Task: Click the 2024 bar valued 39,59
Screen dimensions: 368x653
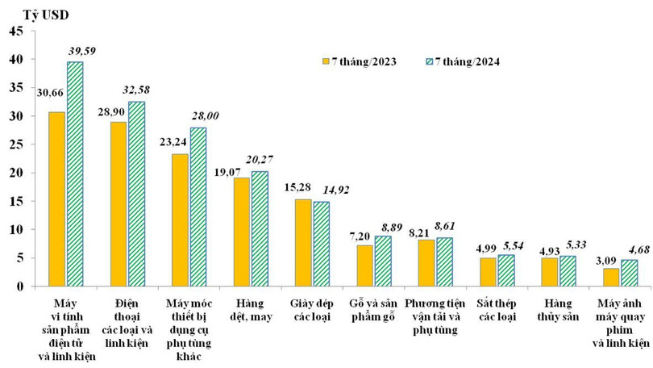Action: tap(75, 174)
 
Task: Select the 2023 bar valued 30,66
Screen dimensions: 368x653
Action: tap(57, 199)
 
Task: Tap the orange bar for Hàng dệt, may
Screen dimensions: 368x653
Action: tap(241, 232)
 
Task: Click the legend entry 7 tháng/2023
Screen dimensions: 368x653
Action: tap(361, 61)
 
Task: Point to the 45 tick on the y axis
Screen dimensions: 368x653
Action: tap(16, 31)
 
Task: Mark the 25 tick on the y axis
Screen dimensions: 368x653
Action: tap(16, 144)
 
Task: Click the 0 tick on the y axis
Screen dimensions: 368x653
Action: tap(19, 286)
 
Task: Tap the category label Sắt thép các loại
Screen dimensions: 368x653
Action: tap(497, 309)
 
